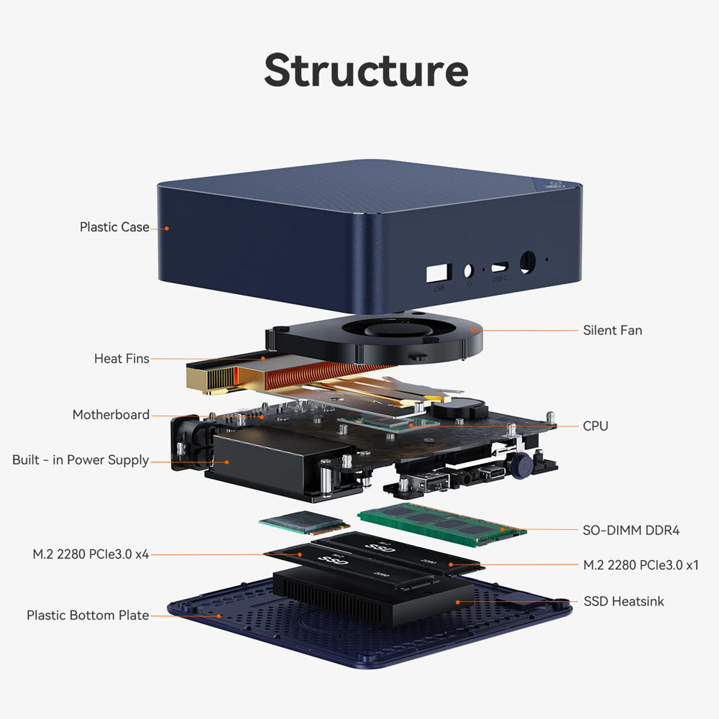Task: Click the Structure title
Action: pyautogui.click(x=366, y=70)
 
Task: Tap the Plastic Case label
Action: pyautogui.click(x=114, y=227)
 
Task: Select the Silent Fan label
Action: pyautogui.click(x=613, y=331)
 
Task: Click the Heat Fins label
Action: pyautogui.click(x=122, y=358)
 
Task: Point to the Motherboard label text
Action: pyautogui.click(x=111, y=415)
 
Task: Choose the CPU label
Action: pyautogui.click(x=595, y=426)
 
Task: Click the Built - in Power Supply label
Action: pyautogui.click(x=81, y=460)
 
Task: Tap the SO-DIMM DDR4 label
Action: pyautogui.click(x=631, y=531)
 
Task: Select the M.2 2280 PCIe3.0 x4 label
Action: pyautogui.click(x=91, y=554)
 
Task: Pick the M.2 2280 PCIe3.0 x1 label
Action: pyautogui.click(x=641, y=564)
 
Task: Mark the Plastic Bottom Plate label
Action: pyautogui.click(x=88, y=615)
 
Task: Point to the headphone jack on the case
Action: pyautogui.click(x=469, y=272)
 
